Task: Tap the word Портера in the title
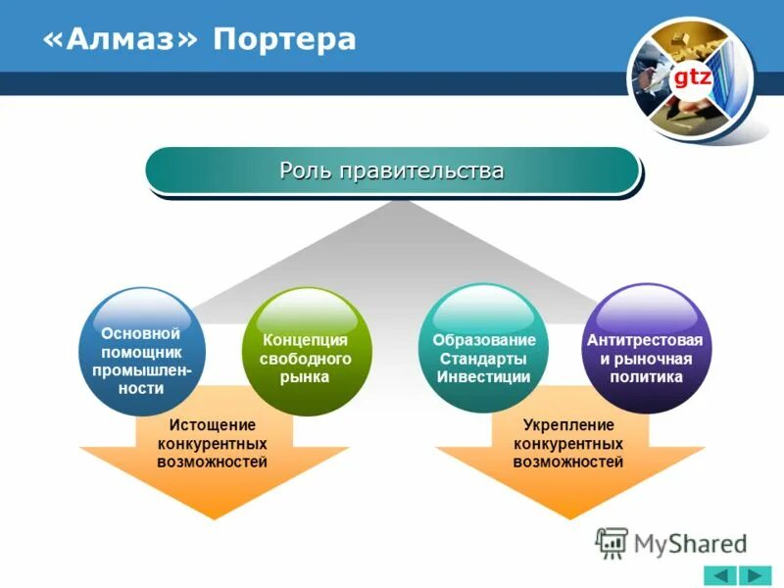point(285,39)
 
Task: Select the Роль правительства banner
point(392,171)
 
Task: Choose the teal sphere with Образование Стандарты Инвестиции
point(483,349)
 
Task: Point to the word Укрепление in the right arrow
point(568,425)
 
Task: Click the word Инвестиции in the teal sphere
point(483,376)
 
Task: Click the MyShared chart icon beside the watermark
point(612,542)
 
